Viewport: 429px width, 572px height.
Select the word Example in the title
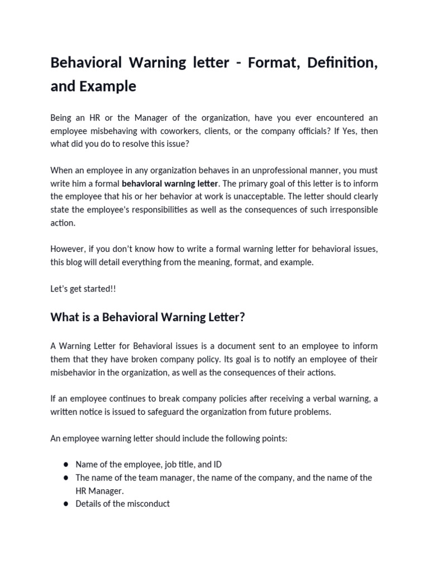[108, 87]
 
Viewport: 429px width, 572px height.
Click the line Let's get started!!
[83, 288]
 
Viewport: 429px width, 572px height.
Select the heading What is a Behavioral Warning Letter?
[147, 317]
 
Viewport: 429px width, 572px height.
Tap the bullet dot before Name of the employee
[66, 465]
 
